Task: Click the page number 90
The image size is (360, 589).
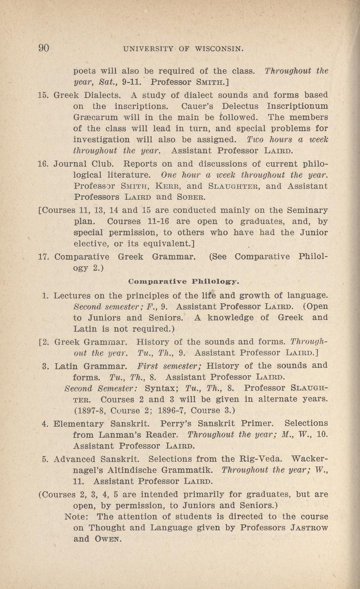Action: coord(44,48)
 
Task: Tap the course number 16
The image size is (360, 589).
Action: coord(44,164)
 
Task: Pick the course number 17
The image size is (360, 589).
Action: coord(44,257)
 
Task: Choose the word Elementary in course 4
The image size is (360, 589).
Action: coord(81,423)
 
